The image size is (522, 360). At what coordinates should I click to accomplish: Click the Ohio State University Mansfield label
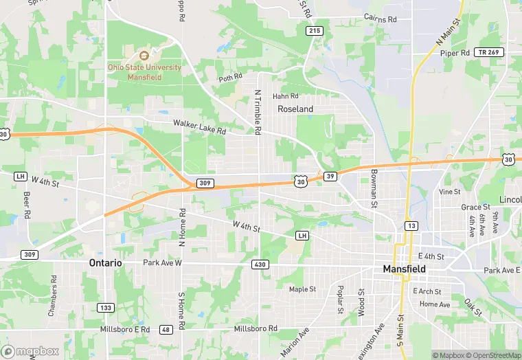144,71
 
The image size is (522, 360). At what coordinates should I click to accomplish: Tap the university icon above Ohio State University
144,56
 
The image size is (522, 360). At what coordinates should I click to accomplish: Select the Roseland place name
295,109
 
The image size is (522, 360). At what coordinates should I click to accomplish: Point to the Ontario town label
105,263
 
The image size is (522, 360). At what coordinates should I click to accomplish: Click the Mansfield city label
404,269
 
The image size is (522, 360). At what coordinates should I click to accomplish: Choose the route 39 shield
331,177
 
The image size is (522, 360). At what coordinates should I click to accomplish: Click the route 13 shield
411,225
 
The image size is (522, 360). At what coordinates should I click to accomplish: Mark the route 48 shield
166,329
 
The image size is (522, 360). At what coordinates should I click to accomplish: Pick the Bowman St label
374,188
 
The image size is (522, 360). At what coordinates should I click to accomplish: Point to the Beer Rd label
27,204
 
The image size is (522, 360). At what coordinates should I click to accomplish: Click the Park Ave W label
162,263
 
